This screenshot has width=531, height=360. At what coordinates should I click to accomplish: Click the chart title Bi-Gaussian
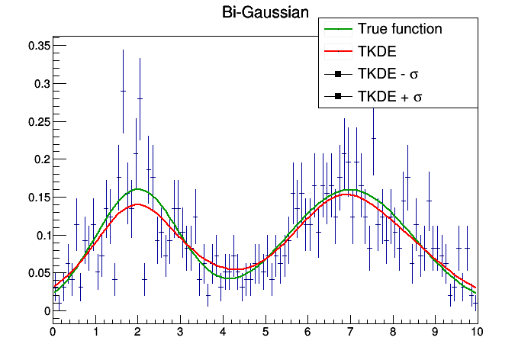click(x=265, y=12)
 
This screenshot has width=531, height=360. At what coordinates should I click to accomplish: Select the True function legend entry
click(x=400, y=30)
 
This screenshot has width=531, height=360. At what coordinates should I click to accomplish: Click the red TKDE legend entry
click(x=373, y=52)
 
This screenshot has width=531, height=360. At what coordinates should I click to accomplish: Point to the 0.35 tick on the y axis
click(x=38, y=46)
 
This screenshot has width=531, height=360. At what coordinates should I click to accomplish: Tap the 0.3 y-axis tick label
click(x=41, y=84)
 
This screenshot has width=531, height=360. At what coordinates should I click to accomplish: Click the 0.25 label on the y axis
click(x=38, y=122)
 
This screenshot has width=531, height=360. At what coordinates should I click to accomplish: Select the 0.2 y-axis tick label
click(x=41, y=159)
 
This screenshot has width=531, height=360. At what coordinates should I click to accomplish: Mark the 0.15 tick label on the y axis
click(x=38, y=198)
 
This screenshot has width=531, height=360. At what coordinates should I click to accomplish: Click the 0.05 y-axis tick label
click(x=38, y=273)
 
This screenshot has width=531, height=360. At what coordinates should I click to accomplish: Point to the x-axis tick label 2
click(x=138, y=333)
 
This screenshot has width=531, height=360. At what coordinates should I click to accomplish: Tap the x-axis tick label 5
click(x=265, y=333)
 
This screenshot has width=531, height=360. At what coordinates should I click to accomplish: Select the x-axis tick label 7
click(x=350, y=333)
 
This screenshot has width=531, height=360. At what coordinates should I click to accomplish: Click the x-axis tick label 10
click(x=477, y=333)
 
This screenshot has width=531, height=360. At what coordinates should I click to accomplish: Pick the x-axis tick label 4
click(x=223, y=333)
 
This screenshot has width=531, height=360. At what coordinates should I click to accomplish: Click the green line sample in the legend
click(x=336, y=30)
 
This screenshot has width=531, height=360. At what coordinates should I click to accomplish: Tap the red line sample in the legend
click(x=336, y=52)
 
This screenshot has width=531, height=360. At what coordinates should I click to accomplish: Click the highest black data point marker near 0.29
click(x=123, y=91)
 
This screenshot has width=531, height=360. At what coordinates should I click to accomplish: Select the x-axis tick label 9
click(x=435, y=333)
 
